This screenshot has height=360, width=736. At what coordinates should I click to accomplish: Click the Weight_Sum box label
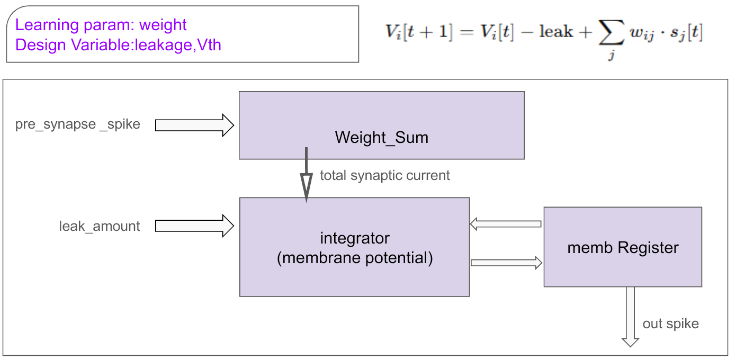[x=381, y=138]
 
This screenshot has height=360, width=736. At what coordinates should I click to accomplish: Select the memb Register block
[x=623, y=247]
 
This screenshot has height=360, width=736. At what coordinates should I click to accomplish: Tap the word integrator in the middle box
[x=355, y=238]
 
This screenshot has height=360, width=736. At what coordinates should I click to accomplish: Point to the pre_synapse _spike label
[x=77, y=124]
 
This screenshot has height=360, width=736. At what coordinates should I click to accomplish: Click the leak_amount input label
[x=99, y=226]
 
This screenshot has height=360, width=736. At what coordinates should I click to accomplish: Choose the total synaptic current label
[x=385, y=175]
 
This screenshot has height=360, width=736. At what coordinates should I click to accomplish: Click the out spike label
[x=671, y=324]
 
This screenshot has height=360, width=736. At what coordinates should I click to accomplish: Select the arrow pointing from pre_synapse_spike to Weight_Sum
[x=194, y=125]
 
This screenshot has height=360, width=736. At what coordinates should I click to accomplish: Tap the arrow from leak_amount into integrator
[x=194, y=226]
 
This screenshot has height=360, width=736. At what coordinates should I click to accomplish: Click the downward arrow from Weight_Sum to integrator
[x=306, y=175]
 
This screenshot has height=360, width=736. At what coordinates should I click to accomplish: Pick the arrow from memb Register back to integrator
[x=505, y=224]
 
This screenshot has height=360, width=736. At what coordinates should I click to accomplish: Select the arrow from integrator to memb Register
[x=506, y=263]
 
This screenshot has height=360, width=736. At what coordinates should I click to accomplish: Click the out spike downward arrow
[x=630, y=317]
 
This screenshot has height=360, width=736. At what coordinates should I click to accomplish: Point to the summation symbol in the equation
[x=611, y=32]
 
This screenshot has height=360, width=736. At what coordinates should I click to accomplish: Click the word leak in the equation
[x=556, y=32]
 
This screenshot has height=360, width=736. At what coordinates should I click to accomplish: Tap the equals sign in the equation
[x=466, y=32]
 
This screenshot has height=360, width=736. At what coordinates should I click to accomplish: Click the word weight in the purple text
[x=163, y=25]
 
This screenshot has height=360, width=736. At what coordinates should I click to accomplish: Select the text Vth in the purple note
[x=209, y=44]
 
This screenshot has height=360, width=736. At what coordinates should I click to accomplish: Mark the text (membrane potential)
[x=355, y=258]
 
